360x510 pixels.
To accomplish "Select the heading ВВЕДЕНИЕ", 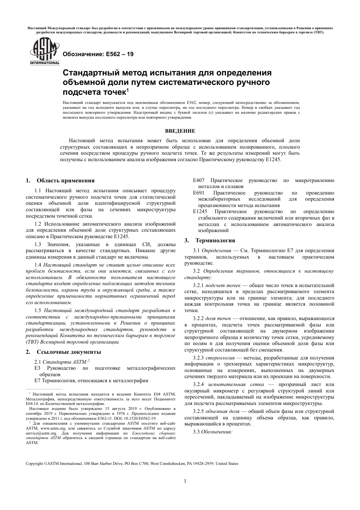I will pos(180,131).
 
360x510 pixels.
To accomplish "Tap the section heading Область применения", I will pos(65,180).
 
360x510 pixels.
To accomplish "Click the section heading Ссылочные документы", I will pos(69,352).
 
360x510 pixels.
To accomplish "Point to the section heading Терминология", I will pos(215,240).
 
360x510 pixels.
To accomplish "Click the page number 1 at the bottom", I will pos(185,481).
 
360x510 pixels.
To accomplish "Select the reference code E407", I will pos(199,180).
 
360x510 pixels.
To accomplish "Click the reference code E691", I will pos(199,193).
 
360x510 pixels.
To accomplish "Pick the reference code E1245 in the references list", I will pos(200,212).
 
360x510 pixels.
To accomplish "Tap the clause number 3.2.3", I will pos(198,358).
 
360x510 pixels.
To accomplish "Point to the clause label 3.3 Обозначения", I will pos(212,432).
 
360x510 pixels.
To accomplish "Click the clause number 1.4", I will pos(38,264).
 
